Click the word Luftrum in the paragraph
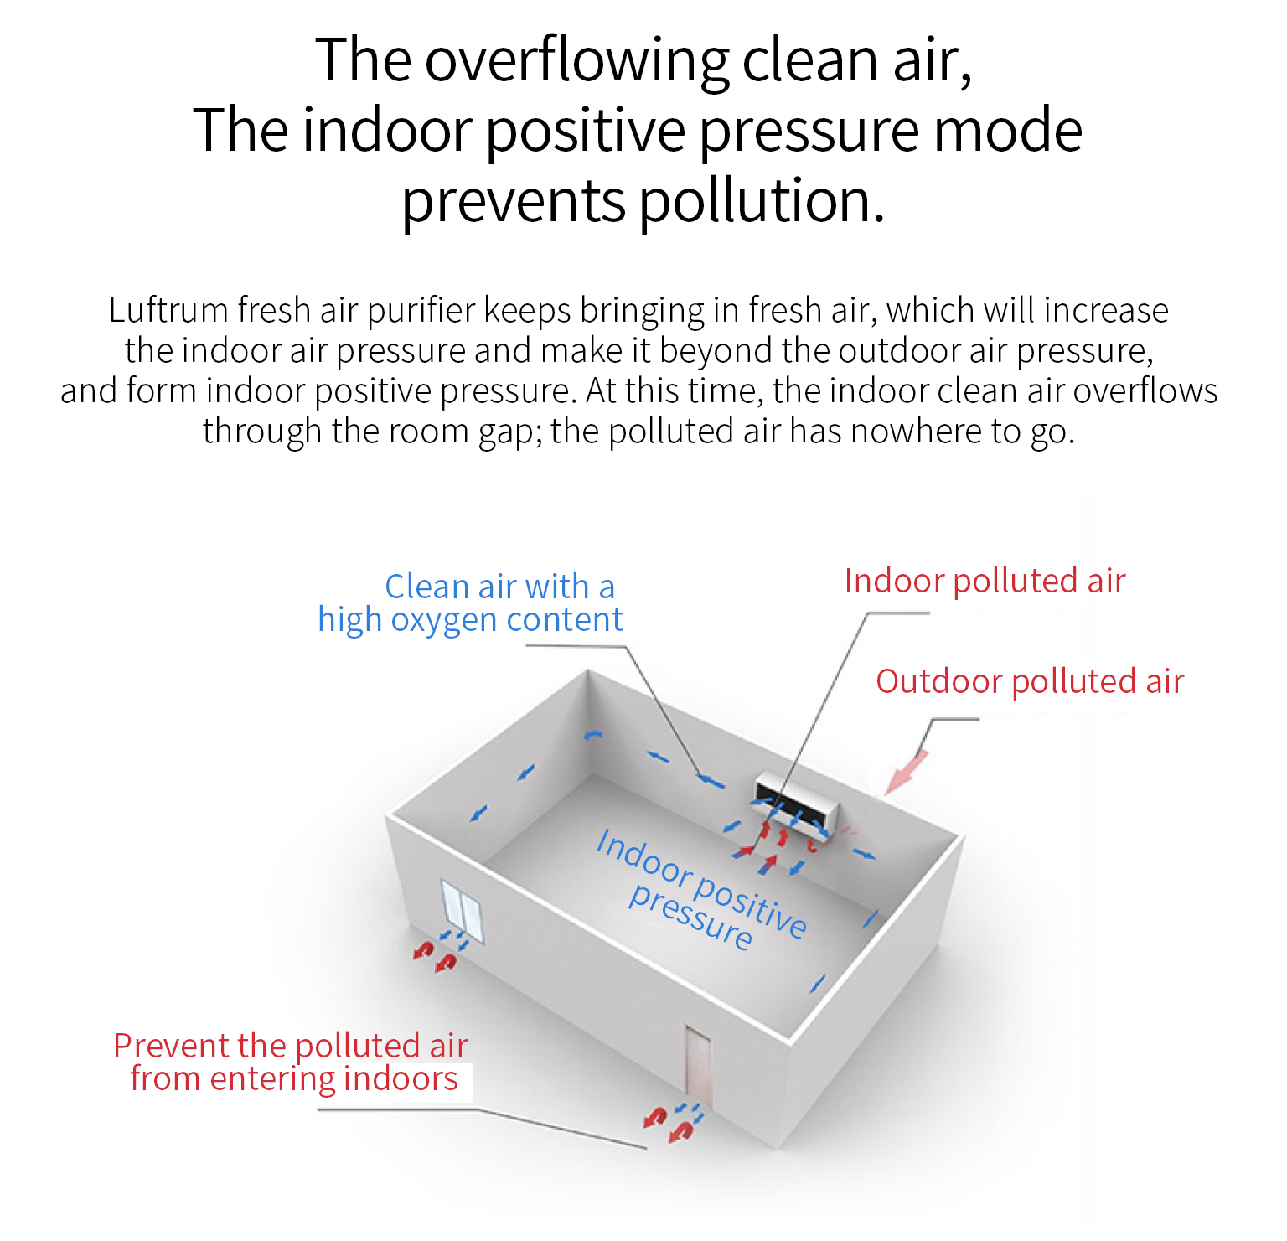point(168,311)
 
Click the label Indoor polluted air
point(985,581)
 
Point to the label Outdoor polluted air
point(1030,681)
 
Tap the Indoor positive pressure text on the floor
point(700,888)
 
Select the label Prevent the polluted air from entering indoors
point(291,1063)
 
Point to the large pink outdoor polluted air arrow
point(907,772)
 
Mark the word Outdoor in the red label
point(938,681)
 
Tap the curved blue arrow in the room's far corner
point(593,736)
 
